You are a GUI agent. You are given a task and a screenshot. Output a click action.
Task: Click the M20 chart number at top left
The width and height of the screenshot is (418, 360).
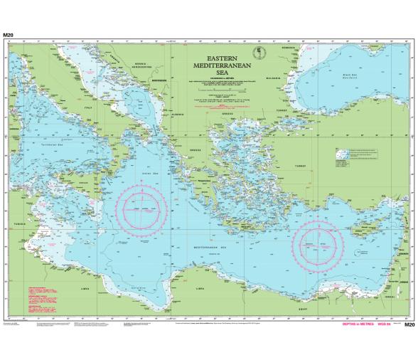[8, 34]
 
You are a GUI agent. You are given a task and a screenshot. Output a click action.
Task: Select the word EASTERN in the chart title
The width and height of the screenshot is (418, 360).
[222, 56]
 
